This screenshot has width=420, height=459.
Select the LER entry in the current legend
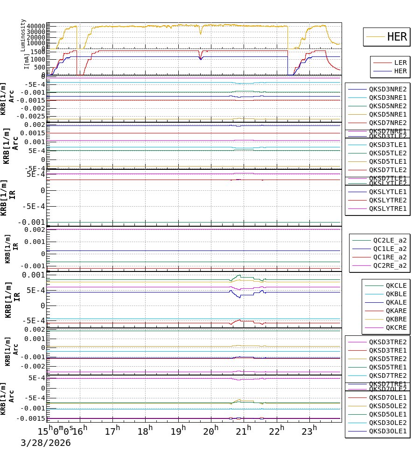(x=400, y=63)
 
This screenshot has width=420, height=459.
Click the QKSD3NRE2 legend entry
(x=388, y=89)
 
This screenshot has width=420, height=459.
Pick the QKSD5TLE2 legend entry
(x=388, y=153)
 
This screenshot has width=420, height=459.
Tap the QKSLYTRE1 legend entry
(x=388, y=209)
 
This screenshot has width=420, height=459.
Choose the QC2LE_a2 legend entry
(x=390, y=240)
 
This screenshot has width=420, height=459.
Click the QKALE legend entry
(x=396, y=302)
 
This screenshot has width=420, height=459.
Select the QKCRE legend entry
(x=396, y=327)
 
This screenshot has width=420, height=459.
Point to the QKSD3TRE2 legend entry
(x=388, y=342)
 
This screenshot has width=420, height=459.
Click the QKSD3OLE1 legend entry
(x=388, y=431)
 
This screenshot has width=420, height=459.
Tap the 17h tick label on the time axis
(x=112, y=431)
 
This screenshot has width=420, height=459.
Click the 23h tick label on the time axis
(x=308, y=431)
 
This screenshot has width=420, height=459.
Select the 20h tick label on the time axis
(x=210, y=431)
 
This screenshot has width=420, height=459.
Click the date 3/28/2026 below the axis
(x=45, y=443)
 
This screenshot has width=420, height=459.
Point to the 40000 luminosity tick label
(x=35, y=26)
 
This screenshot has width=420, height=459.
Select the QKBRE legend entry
(x=396, y=319)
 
